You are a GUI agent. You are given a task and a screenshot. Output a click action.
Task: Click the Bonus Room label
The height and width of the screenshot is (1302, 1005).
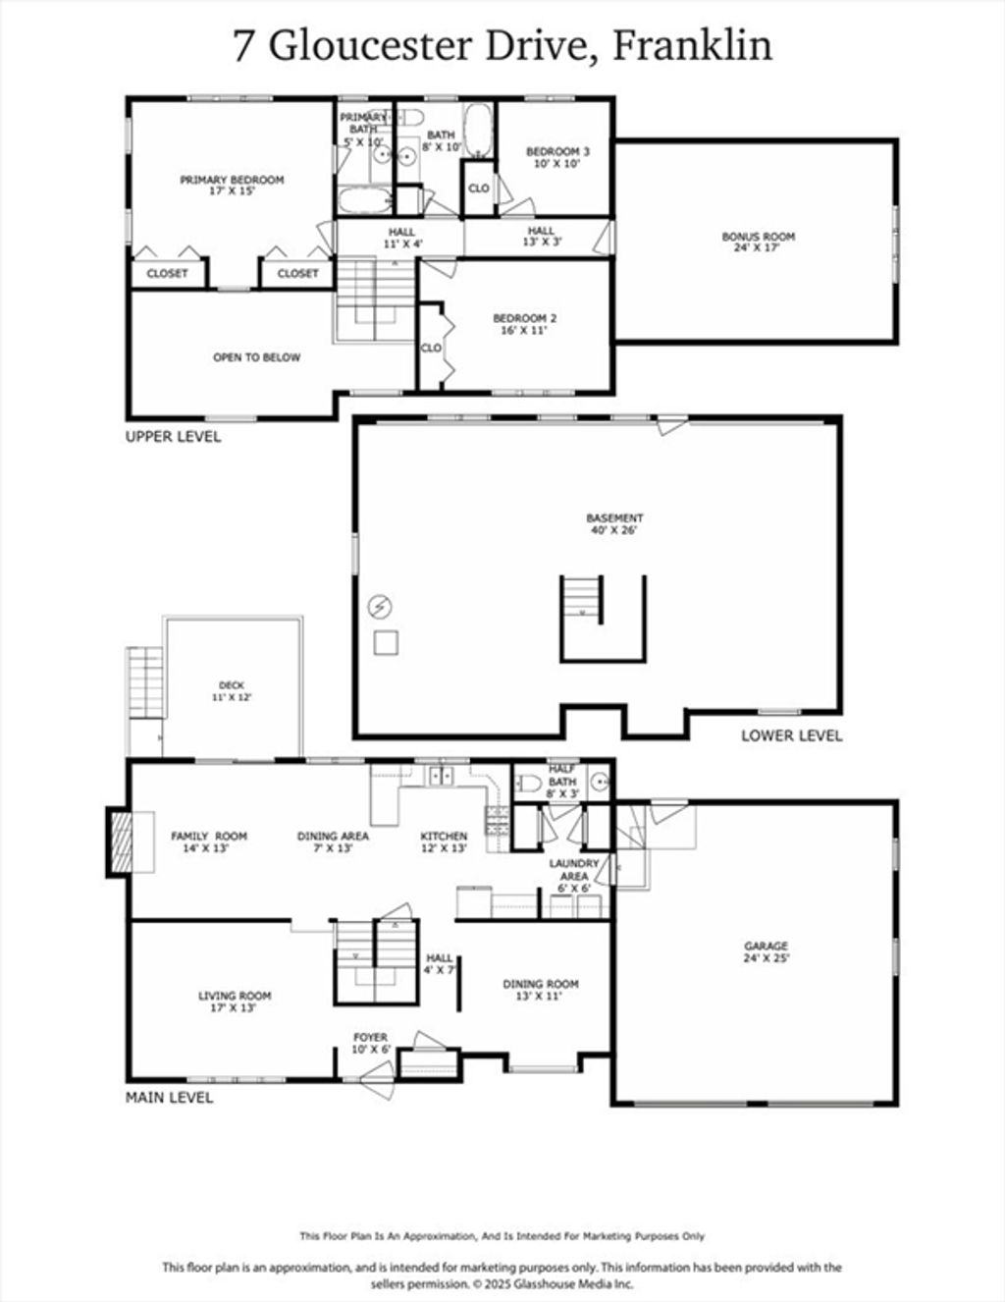(758, 242)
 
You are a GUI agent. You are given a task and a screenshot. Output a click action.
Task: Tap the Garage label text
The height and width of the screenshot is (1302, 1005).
(767, 951)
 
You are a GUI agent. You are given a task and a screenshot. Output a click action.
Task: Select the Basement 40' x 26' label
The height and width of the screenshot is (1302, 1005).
(614, 523)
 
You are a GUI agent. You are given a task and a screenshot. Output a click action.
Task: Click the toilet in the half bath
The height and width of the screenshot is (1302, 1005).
(529, 783)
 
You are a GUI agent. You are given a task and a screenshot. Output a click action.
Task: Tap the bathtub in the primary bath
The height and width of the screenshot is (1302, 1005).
(365, 199)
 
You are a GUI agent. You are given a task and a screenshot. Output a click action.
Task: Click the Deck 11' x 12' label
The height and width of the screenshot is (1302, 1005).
(232, 691)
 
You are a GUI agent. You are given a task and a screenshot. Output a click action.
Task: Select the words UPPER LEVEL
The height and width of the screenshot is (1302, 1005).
(173, 436)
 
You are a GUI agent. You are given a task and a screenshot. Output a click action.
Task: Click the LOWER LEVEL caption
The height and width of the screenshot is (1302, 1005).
(792, 735)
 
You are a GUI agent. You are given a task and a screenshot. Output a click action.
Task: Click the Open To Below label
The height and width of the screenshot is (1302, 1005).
(257, 357)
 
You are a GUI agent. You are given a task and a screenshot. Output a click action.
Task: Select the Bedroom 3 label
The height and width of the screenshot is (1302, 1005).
(557, 157)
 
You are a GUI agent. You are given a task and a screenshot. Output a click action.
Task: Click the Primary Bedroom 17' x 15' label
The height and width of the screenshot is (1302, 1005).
(232, 186)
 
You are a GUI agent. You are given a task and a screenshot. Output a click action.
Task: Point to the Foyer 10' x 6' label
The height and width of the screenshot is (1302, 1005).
(371, 1043)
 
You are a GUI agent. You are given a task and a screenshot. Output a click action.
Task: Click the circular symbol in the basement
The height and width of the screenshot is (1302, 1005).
(380, 607)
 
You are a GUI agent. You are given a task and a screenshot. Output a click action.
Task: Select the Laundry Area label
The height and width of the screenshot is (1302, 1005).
(574, 876)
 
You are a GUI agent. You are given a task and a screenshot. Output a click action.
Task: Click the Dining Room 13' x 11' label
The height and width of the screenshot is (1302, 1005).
(540, 989)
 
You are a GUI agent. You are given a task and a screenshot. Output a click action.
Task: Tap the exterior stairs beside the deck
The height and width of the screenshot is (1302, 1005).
(145, 682)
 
